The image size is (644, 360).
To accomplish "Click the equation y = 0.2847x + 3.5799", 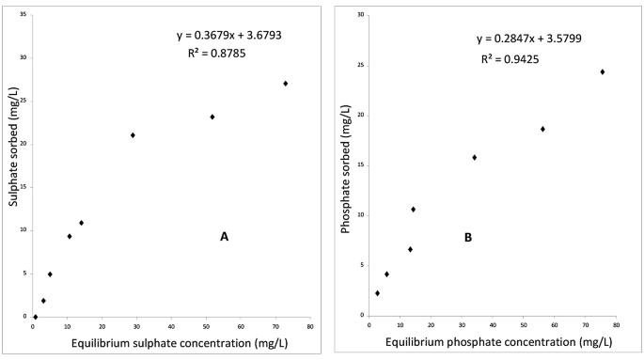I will click(532, 39).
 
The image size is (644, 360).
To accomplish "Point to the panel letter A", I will click(224, 237).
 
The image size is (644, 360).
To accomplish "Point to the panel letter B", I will click(467, 238).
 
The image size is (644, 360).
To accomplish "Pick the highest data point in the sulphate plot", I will click(285, 84).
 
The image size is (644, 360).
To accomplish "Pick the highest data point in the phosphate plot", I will click(603, 72).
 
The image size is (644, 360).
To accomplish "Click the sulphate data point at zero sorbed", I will click(36, 317).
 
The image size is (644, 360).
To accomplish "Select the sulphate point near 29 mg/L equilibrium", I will click(133, 135).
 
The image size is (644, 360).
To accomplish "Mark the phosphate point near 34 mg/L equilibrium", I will click(475, 158).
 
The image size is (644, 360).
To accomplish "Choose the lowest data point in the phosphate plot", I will click(378, 293).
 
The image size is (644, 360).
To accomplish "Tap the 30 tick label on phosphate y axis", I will click(359, 15).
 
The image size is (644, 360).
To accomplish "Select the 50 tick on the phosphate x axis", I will click(524, 326).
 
